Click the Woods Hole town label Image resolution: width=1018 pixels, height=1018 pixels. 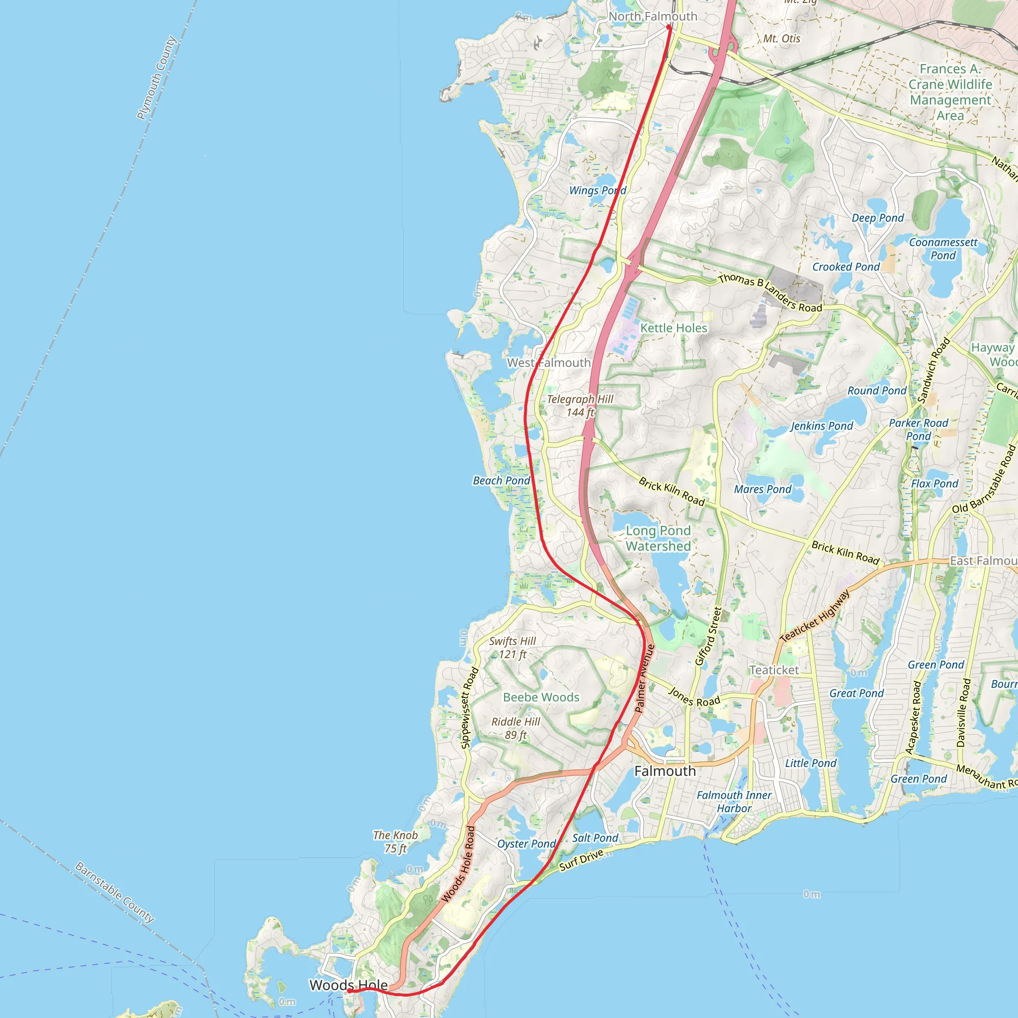pos(348,985)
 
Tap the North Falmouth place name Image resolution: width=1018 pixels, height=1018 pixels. pos(652,16)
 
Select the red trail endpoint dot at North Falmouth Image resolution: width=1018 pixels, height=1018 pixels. pos(669,27)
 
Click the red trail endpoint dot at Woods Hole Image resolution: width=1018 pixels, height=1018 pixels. pos(349,991)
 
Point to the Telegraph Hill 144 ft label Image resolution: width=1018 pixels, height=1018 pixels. pos(580,406)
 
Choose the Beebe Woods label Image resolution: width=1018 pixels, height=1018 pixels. pos(541,697)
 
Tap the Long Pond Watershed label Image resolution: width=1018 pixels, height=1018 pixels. pos(658,538)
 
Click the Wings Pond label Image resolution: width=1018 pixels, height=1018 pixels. pos(597,190)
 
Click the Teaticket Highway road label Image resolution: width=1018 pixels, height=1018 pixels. pos(814,616)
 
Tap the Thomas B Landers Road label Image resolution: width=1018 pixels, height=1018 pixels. pos(770,292)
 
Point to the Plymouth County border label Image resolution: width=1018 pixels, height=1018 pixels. pos(156,78)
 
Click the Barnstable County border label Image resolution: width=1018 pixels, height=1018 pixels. pos(115,892)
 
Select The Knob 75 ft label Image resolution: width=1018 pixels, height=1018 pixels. pos(395,842)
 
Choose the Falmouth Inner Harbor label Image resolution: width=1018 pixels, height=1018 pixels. pos(734,801)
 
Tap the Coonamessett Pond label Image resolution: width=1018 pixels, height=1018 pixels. pos(942,249)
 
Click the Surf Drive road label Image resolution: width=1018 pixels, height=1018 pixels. pos(581,860)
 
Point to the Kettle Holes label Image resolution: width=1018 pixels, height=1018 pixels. pos(674,328)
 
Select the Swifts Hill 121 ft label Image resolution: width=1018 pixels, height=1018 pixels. pos(512,648)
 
